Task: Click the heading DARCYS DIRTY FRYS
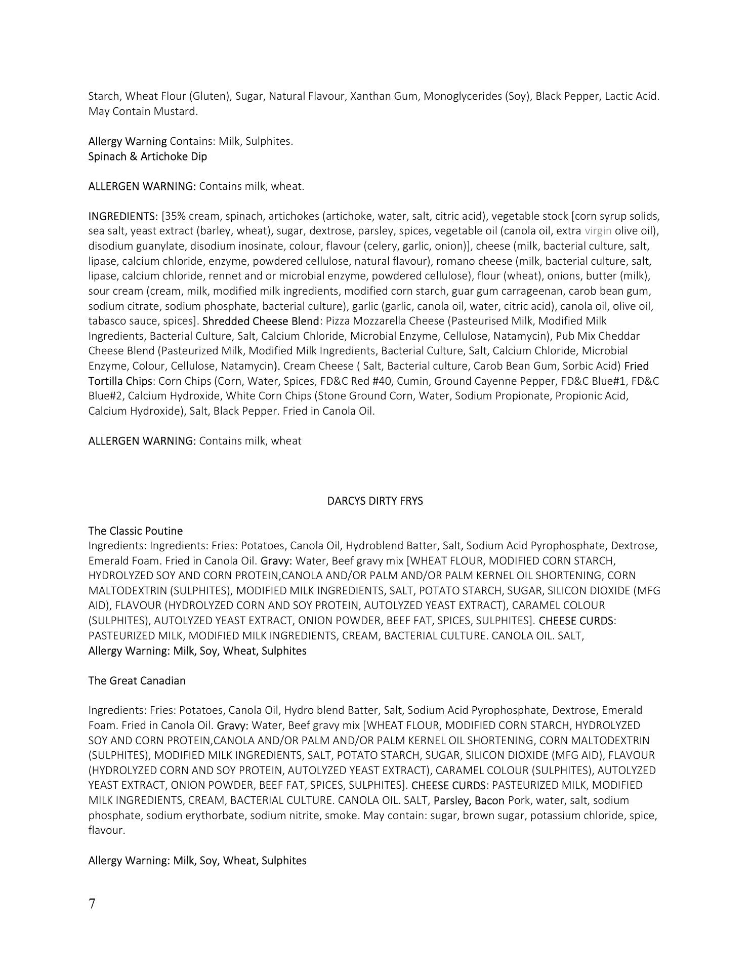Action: click(x=375, y=501)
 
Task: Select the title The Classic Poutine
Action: click(x=135, y=531)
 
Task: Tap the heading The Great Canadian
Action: click(x=137, y=680)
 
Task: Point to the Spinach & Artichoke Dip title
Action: click(x=147, y=156)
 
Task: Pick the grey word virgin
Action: click(x=598, y=231)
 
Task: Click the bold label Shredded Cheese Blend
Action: click(x=261, y=321)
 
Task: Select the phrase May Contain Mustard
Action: click(x=143, y=111)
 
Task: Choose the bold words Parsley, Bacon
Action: click(x=469, y=800)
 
